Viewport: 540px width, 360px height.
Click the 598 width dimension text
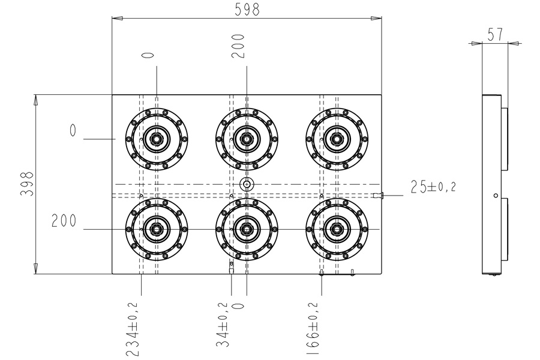coord(247,10)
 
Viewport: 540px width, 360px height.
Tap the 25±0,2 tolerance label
coord(433,187)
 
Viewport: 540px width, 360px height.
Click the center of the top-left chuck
coord(157,139)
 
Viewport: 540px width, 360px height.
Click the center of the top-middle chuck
coord(247,139)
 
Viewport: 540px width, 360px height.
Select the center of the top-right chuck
coord(337,139)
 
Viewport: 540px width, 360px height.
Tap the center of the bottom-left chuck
coord(157,229)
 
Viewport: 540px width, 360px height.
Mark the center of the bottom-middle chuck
coord(247,229)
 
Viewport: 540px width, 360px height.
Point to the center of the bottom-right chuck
coord(337,229)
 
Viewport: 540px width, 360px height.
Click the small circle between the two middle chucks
coord(247,184)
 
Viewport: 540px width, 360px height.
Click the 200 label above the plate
coord(239,46)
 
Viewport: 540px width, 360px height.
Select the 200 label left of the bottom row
coord(64,221)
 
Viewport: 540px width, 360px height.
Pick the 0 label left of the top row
coord(73,130)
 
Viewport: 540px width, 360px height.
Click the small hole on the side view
coord(496,196)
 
